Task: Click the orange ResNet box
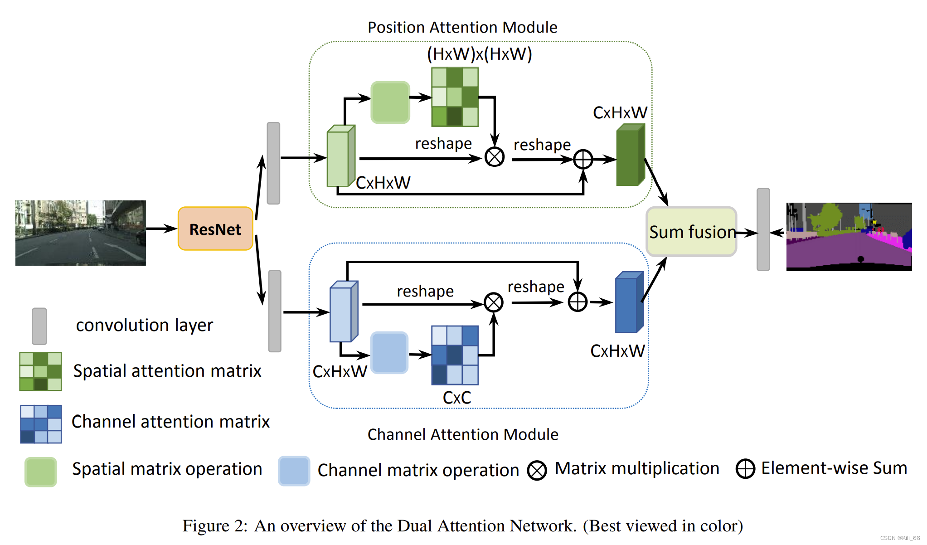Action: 215,229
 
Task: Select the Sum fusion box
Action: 691,232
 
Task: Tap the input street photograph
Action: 81,233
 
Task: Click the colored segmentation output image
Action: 849,237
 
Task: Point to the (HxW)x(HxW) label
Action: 479,54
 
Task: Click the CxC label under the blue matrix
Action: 457,398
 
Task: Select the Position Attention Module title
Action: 462,27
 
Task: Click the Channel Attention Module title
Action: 463,434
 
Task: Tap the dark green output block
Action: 631,155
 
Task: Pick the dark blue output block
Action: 629,302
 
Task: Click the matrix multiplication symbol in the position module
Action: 495,157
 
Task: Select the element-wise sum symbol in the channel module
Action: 578,302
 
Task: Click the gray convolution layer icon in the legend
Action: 39,326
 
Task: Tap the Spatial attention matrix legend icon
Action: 40,371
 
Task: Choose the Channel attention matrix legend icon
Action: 41,424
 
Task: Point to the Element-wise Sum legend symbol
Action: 745,469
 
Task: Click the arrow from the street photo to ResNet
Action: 162,229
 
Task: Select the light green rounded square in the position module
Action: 390,102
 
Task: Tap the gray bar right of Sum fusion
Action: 763,229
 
